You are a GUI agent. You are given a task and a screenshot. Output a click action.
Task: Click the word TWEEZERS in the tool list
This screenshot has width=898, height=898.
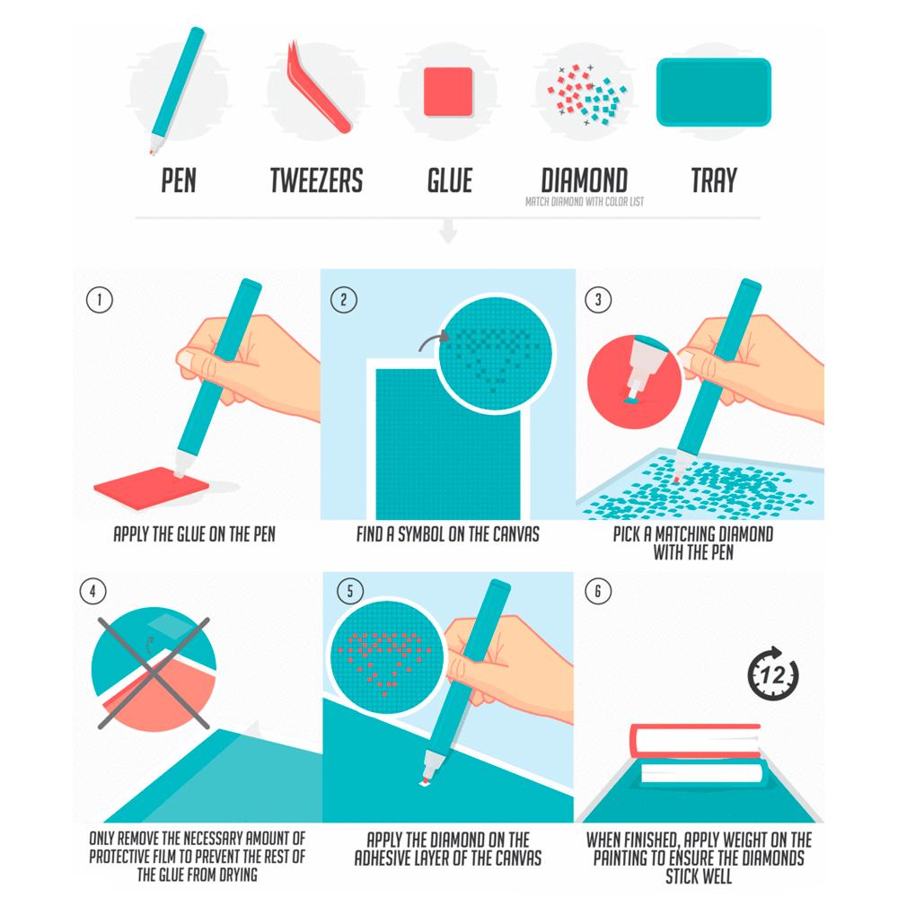(316, 180)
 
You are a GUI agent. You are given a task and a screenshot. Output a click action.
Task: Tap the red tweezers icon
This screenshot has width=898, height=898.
(318, 87)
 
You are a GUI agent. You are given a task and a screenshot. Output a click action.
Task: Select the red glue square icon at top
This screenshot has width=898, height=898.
(448, 92)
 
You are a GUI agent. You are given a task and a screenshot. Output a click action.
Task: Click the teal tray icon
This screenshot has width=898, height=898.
(714, 92)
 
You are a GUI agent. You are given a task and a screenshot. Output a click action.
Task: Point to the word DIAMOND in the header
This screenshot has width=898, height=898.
(585, 180)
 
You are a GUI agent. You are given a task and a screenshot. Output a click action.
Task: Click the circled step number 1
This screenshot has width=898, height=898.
(99, 300)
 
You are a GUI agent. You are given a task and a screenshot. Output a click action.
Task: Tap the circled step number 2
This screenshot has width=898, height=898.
(344, 300)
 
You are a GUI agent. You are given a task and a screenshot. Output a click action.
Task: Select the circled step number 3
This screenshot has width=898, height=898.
(598, 300)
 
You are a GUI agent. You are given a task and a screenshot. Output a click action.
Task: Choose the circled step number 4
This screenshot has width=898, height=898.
(92, 591)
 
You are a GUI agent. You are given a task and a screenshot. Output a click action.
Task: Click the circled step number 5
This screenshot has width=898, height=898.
(350, 591)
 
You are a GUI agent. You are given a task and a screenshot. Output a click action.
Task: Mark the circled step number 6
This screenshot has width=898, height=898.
(598, 591)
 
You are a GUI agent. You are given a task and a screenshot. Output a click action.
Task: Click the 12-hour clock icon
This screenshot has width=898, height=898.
(772, 673)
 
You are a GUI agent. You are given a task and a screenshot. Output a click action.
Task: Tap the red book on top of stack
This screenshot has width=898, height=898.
(695, 740)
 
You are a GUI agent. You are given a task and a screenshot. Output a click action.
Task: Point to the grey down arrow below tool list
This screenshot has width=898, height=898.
(448, 231)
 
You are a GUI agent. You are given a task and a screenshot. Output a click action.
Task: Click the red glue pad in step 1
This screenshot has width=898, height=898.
(152, 488)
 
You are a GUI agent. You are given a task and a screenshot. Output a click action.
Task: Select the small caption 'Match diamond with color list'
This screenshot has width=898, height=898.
(585, 201)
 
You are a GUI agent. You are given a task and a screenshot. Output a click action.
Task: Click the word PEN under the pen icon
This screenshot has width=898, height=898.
(179, 180)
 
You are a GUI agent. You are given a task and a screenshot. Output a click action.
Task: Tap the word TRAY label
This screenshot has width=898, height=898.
(714, 180)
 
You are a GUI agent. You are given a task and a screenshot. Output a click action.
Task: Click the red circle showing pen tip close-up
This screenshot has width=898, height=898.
(633, 382)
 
